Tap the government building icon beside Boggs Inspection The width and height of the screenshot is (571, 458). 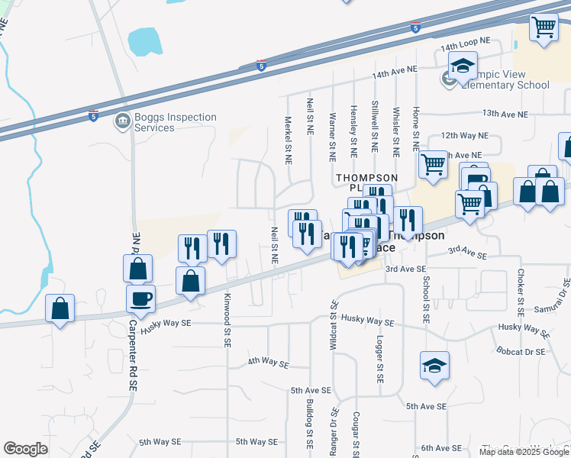coord(122,121)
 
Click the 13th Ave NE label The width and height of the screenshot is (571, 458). coord(505,114)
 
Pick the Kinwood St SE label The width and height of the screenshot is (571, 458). coord(227,322)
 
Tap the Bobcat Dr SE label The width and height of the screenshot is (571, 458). coord(519,352)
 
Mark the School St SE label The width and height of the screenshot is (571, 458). coord(426,298)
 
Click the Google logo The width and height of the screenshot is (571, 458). coord(25,449)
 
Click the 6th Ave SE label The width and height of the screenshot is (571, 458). coord(443,448)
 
